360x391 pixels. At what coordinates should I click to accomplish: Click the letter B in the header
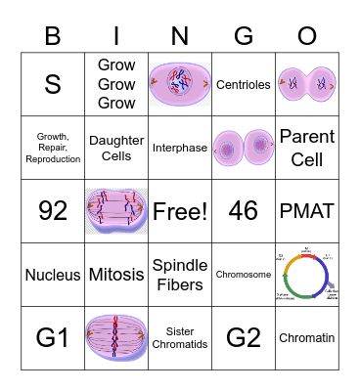point(53,37)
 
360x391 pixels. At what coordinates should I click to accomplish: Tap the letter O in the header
point(306,37)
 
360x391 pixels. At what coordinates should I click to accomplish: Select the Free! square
point(180,210)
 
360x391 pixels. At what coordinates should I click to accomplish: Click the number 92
point(53,210)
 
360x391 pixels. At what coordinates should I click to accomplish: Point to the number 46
point(243,210)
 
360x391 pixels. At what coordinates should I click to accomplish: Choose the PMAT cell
point(306,210)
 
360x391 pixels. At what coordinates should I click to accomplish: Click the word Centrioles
point(243,85)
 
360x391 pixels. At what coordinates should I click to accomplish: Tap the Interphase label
point(180,148)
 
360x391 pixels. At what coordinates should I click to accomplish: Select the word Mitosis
point(116,275)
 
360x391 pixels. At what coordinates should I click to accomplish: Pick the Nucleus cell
point(53,275)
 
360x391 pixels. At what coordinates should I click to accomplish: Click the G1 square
point(53,338)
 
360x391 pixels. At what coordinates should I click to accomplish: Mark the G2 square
point(243,338)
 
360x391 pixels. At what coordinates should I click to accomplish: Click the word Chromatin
point(306,338)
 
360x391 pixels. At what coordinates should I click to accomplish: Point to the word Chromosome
point(243,275)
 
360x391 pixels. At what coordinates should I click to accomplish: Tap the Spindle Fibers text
point(180,275)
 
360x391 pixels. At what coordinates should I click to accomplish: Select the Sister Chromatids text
point(180,338)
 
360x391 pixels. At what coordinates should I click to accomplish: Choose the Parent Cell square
point(306,148)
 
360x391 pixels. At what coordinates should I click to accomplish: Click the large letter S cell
point(53,85)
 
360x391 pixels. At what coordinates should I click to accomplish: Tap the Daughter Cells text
point(116,148)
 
